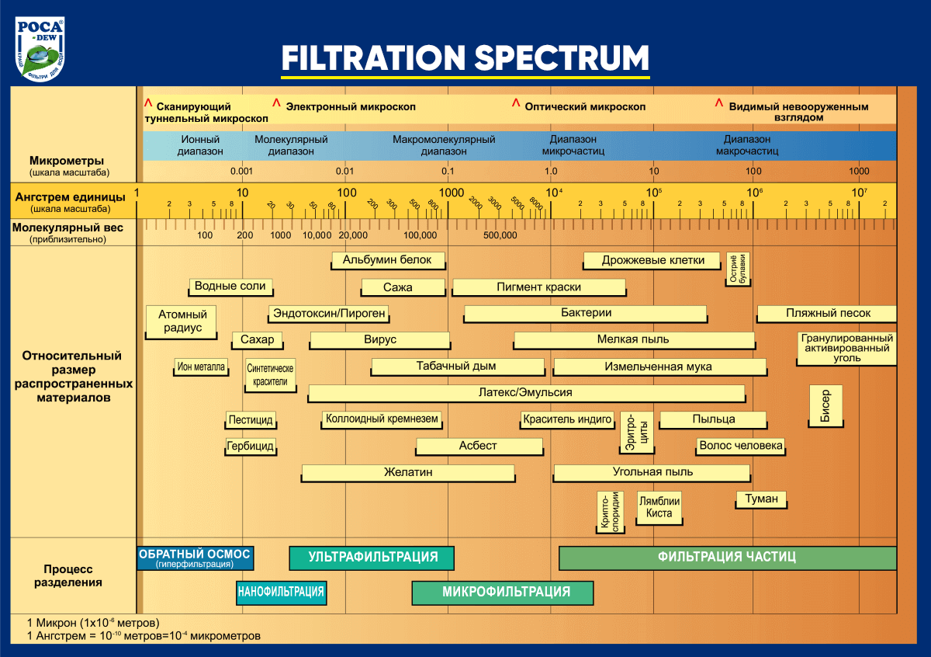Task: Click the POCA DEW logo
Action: point(40,48)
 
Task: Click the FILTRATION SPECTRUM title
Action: point(465,57)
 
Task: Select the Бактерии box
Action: point(586,313)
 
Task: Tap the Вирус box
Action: point(379,340)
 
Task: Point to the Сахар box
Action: point(257,340)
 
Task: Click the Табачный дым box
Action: point(455,367)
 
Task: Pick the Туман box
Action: point(761,499)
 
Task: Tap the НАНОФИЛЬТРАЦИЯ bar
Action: point(280,593)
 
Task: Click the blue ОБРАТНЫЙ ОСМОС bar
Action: point(195,558)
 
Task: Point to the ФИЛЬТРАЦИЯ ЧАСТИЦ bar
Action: point(727,558)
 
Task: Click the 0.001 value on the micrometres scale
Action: point(242,171)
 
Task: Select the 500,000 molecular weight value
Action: point(500,235)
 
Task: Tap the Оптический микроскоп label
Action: point(584,106)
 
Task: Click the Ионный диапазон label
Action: point(200,145)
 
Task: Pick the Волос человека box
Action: point(740,447)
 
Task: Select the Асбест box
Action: point(479,447)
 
